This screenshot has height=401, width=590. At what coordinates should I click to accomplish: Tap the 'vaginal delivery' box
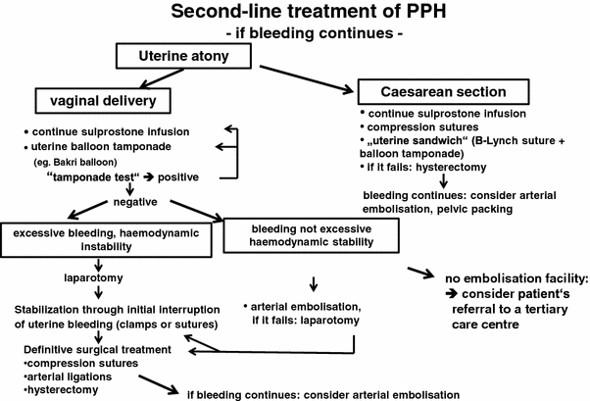[94, 101]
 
